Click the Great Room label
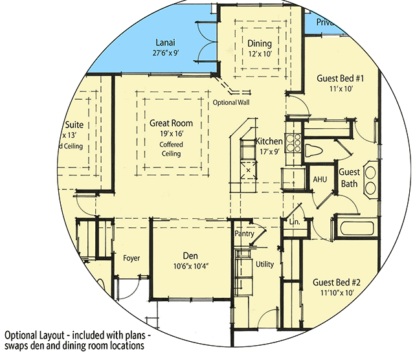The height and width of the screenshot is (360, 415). click(x=171, y=123)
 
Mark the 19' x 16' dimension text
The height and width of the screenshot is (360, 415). click(x=171, y=133)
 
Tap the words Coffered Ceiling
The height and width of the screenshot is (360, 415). click(x=171, y=149)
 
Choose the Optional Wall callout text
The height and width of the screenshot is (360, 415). click(x=230, y=103)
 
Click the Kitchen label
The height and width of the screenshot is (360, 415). click(x=269, y=141)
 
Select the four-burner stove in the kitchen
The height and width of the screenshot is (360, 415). click(x=293, y=141)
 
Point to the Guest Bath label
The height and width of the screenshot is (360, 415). click(x=350, y=179)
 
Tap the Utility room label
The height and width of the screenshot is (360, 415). click(x=265, y=264)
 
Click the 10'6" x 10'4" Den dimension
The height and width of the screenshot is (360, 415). click(x=191, y=266)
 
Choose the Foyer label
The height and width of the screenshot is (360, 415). click(x=131, y=258)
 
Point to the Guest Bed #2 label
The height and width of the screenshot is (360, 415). click(x=337, y=283)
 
